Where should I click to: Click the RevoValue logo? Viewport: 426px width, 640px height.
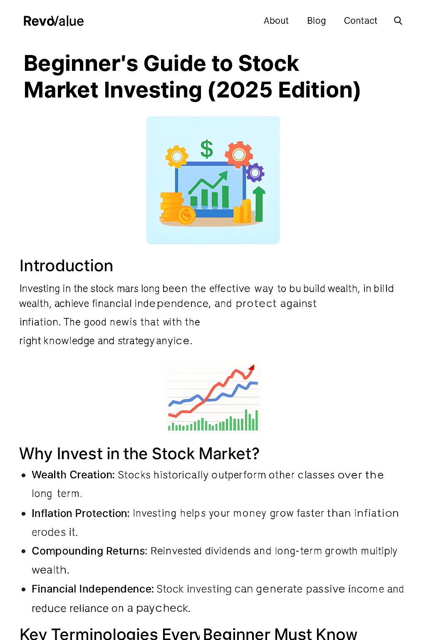54,21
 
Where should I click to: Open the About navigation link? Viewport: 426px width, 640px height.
276,21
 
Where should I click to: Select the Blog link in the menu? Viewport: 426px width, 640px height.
316,21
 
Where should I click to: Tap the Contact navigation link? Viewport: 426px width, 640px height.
360,21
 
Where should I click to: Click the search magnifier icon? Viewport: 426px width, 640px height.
398,21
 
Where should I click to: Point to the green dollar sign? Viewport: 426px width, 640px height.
207,149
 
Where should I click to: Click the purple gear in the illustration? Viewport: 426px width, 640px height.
255,172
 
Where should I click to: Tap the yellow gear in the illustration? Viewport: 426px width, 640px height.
177,156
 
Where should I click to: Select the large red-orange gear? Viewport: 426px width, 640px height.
239,155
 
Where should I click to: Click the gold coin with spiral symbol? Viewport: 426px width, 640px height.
186,215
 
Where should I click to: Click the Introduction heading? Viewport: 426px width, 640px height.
67,266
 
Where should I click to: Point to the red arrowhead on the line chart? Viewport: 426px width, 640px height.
251,367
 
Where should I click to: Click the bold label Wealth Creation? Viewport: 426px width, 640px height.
73,475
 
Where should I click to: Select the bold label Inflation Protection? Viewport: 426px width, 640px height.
81,513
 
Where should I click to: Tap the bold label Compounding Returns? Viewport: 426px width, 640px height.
89,551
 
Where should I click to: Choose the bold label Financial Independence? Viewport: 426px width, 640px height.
93,589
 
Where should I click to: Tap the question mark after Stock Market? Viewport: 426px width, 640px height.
255,454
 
